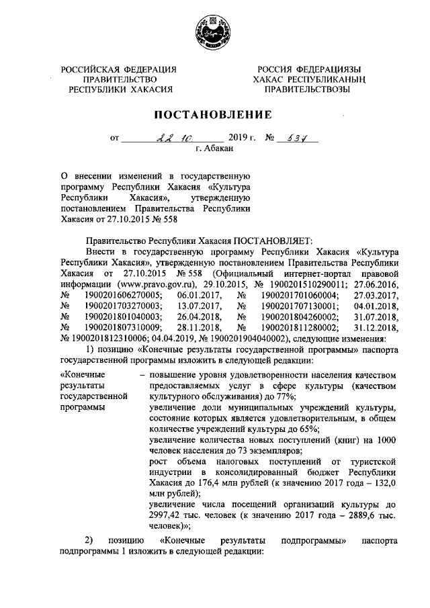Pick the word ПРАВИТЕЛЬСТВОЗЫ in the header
pyautogui.click(x=307, y=89)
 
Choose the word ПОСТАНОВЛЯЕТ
pyautogui.click(x=264, y=243)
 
